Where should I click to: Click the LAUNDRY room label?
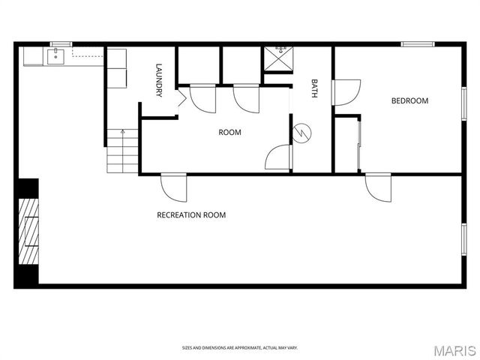tap(159, 79)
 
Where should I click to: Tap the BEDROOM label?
tap(409, 100)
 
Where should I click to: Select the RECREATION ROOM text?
tap(191, 215)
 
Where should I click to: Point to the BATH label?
tap(315, 88)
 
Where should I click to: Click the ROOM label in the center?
tap(229, 133)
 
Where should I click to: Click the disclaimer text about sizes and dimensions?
tap(239, 348)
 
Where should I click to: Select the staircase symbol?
tap(122, 150)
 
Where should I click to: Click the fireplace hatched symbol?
tap(28, 232)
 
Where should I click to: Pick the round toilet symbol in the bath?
tap(301, 131)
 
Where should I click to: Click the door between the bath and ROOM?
tap(278, 157)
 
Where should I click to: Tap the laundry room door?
tap(181, 98)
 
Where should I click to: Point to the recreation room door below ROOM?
tap(173, 187)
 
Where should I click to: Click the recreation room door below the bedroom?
tap(377, 187)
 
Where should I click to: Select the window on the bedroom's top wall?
tap(418, 44)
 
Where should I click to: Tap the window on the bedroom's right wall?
tap(463, 103)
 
